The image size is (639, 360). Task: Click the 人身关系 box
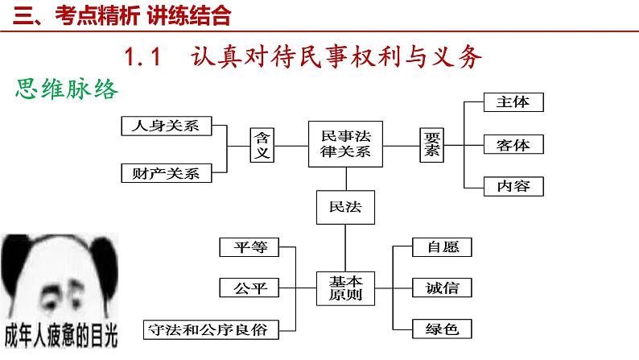[167, 126]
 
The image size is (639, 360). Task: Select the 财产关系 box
[167, 173]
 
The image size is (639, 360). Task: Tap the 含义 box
[262, 145]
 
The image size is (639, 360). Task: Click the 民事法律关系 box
[345, 144]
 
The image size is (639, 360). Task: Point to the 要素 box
[431, 145]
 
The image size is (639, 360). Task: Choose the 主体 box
[513, 102]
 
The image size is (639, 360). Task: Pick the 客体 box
[513, 144]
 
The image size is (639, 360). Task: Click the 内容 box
[513, 186]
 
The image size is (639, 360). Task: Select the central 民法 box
[345, 207]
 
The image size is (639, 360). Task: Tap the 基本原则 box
[345, 288]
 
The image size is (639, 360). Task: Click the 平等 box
[249, 247]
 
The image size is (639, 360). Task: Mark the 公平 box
[249, 288]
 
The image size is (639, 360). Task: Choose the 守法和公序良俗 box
[211, 330]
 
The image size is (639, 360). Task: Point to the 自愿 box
[442, 247]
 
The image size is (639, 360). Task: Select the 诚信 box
[442, 288]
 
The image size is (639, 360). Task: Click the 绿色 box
[442, 329]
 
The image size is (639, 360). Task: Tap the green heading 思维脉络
[67, 89]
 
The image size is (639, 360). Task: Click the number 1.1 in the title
[142, 56]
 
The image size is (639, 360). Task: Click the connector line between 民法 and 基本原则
[345, 248]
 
